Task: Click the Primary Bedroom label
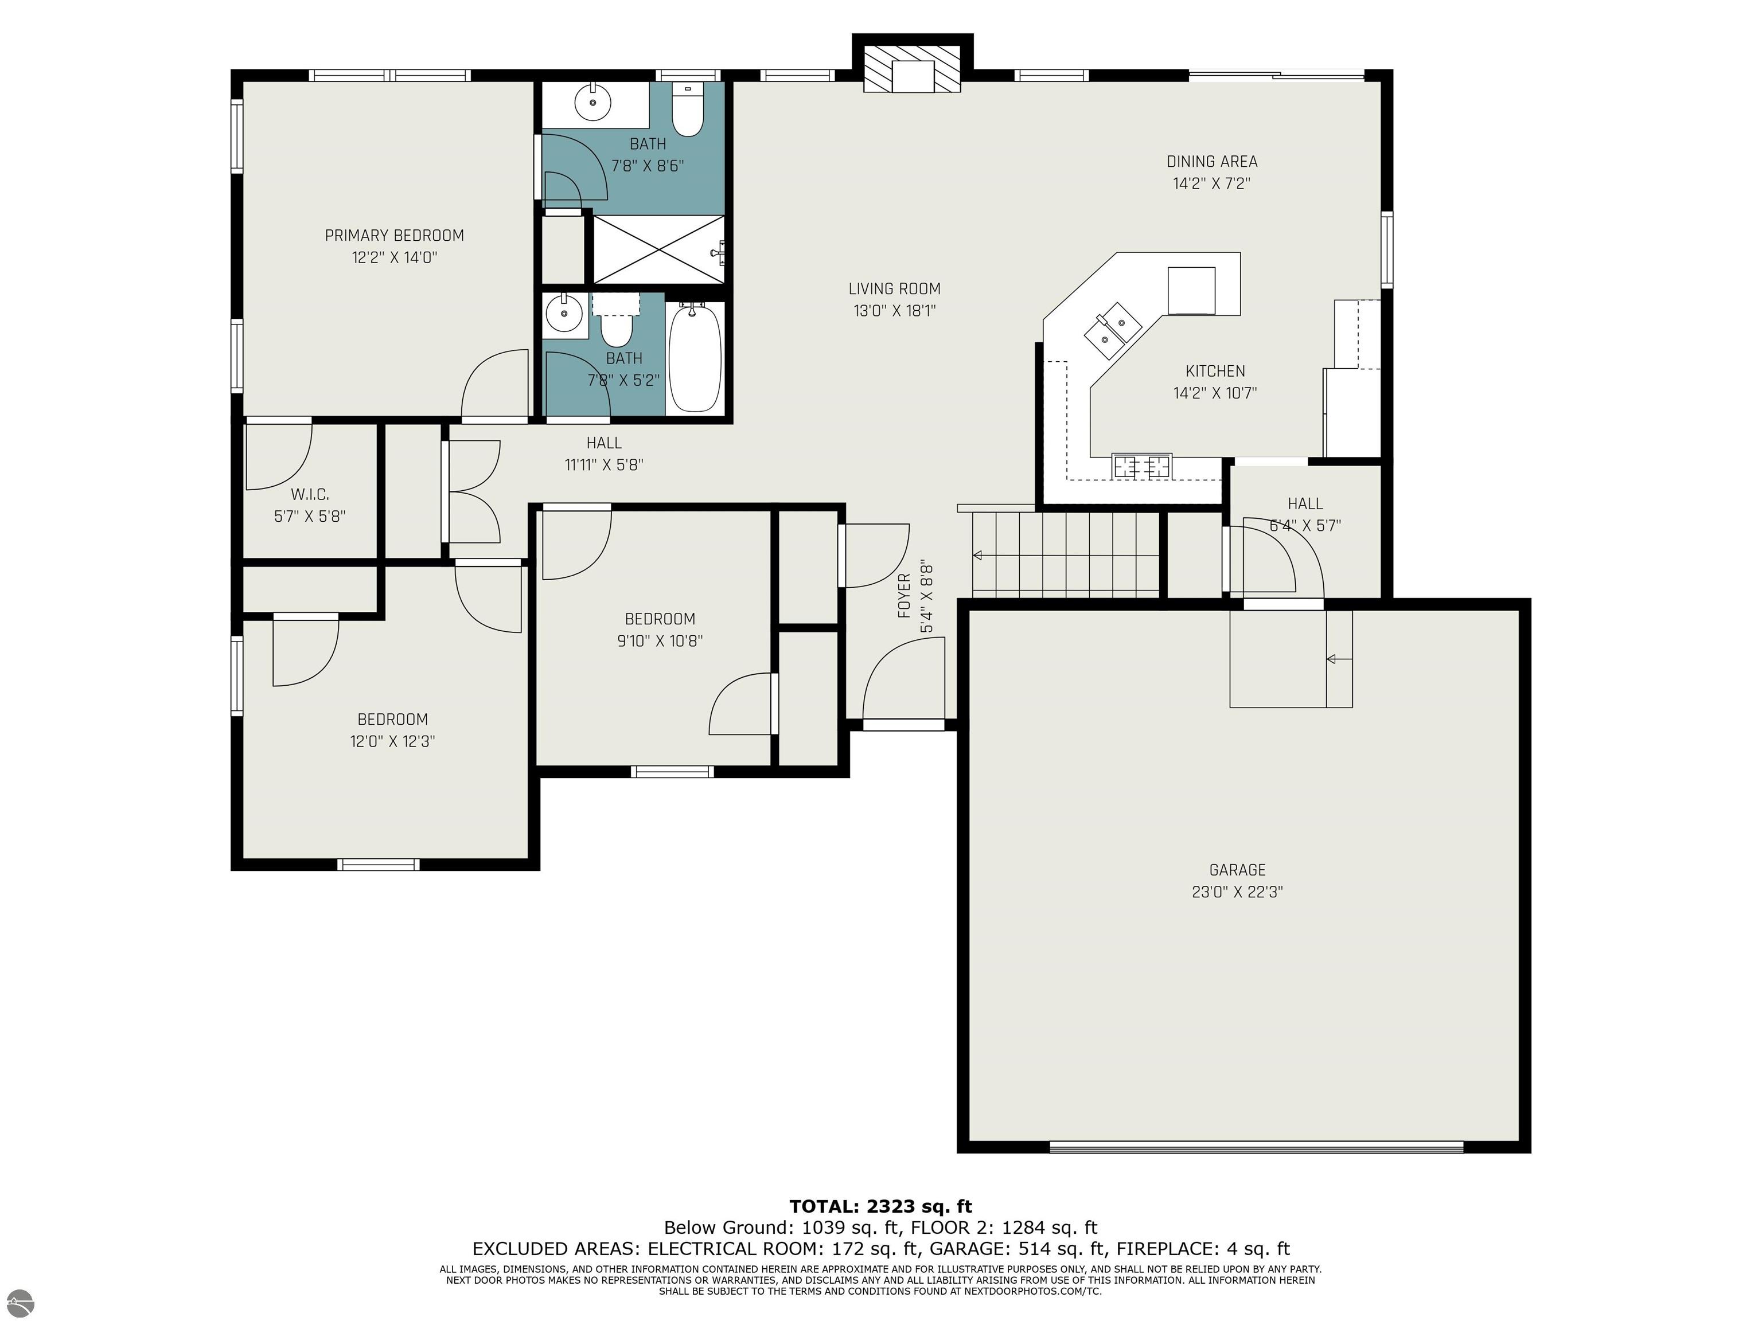coord(394,236)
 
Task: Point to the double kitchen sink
coord(1112,327)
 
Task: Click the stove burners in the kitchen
coord(1143,466)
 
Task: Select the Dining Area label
coord(1211,162)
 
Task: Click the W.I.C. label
coord(310,494)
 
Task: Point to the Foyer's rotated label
coord(904,596)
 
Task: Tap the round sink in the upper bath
coord(592,102)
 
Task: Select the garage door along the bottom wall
coord(1256,1147)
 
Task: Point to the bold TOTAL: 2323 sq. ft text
coord(880,1206)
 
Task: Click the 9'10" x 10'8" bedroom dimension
coord(660,641)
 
